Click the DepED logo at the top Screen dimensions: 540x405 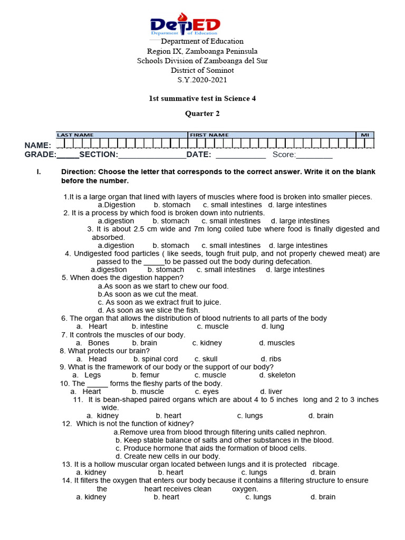coord(185,24)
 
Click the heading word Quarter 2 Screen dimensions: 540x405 coord(202,113)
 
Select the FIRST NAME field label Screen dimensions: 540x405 coord(209,135)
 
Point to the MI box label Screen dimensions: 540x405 coord(364,135)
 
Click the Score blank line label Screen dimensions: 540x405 coord(284,155)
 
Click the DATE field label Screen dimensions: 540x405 coord(199,155)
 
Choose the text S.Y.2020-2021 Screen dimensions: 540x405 coord(202,80)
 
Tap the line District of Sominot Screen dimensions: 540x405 coord(202,70)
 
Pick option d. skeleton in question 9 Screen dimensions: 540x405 coord(277,375)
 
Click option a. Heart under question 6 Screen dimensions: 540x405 coord(92,326)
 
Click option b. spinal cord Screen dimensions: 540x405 coord(156,359)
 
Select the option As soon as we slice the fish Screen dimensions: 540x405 coord(149,311)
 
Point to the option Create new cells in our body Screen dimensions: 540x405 coord(168,457)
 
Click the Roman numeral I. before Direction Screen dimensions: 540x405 coord(38,172)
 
